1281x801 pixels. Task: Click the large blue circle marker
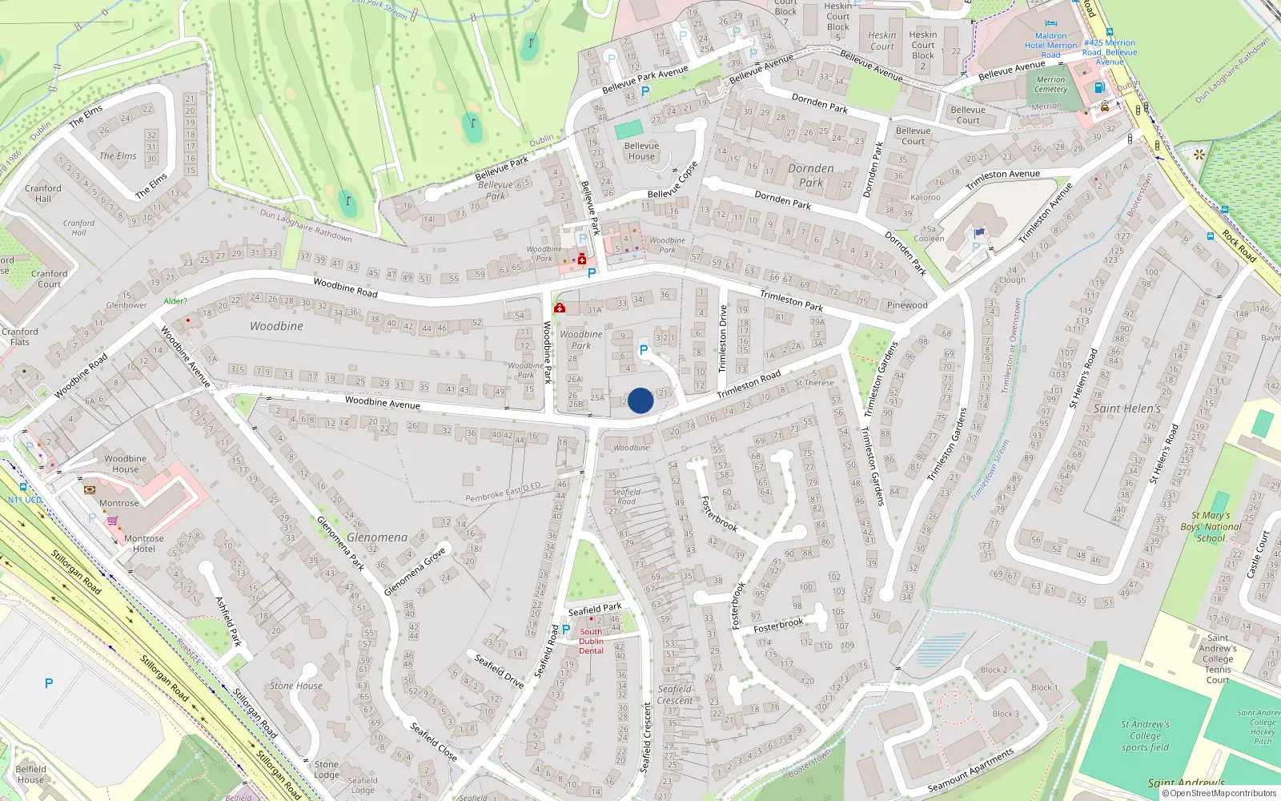click(640, 400)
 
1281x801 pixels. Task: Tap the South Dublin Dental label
click(591, 641)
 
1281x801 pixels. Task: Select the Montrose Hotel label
click(143, 544)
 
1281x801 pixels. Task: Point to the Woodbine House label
click(125, 464)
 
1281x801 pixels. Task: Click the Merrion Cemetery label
click(1051, 84)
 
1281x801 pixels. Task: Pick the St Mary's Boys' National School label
click(1211, 526)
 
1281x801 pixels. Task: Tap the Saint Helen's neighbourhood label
click(1126, 409)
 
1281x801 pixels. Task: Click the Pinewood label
click(907, 305)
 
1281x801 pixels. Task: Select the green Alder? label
click(175, 301)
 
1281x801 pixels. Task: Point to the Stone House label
click(295, 686)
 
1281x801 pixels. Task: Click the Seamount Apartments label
click(970, 770)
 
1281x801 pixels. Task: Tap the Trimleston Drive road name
click(722, 338)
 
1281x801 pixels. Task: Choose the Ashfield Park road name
click(228, 621)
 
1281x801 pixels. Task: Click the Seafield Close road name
click(433, 742)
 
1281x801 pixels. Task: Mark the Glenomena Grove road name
click(414, 572)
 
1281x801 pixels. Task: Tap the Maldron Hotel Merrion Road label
click(1050, 45)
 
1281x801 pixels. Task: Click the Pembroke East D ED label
click(503, 493)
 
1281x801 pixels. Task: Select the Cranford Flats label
click(20, 336)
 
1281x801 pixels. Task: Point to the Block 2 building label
click(994, 670)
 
